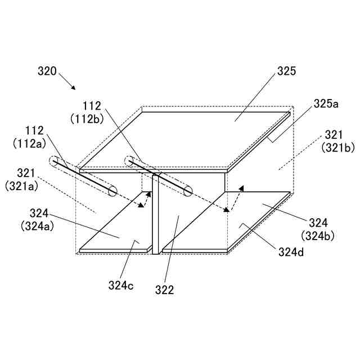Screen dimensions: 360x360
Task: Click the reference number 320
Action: pyautogui.click(x=47, y=71)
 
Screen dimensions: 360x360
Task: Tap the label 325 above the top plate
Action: pyautogui.click(x=286, y=71)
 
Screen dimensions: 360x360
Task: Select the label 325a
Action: pyautogui.click(x=326, y=103)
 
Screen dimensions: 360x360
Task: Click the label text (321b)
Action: pyautogui.click(x=337, y=147)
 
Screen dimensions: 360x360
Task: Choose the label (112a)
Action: pyautogui.click(x=28, y=144)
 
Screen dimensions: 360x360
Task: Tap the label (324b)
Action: pyautogui.click(x=318, y=235)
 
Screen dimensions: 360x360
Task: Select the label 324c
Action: pyautogui.click(x=121, y=285)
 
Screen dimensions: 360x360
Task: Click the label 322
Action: pyautogui.click(x=165, y=290)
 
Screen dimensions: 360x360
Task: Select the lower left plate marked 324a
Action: pyautogui.click(x=118, y=225)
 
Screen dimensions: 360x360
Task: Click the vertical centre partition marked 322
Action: pyautogui.click(x=156, y=214)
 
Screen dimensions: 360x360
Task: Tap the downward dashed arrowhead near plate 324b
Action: pyautogui.click(x=228, y=211)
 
